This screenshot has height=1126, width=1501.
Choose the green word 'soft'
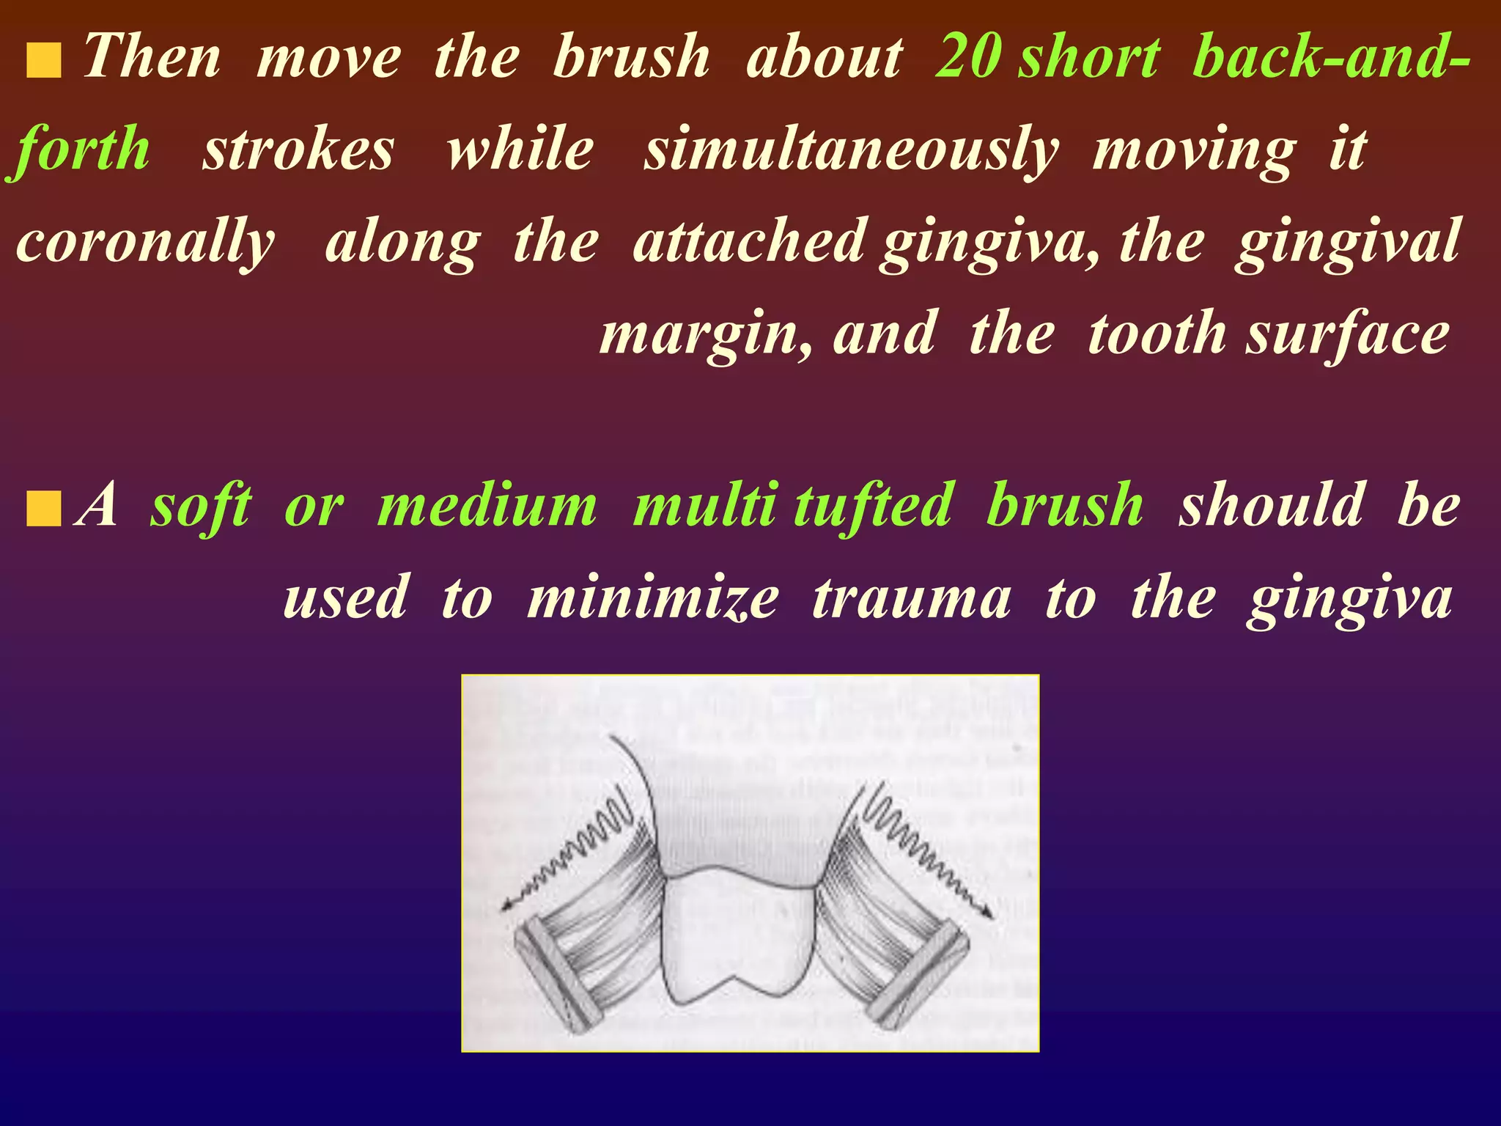pyautogui.click(x=202, y=506)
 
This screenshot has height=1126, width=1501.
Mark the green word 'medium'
pyautogui.click(x=487, y=506)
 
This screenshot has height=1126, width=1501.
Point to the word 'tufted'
pyautogui.click(x=873, y=506)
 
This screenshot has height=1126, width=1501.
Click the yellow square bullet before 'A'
pyautogui.click(x=43, y=510)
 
